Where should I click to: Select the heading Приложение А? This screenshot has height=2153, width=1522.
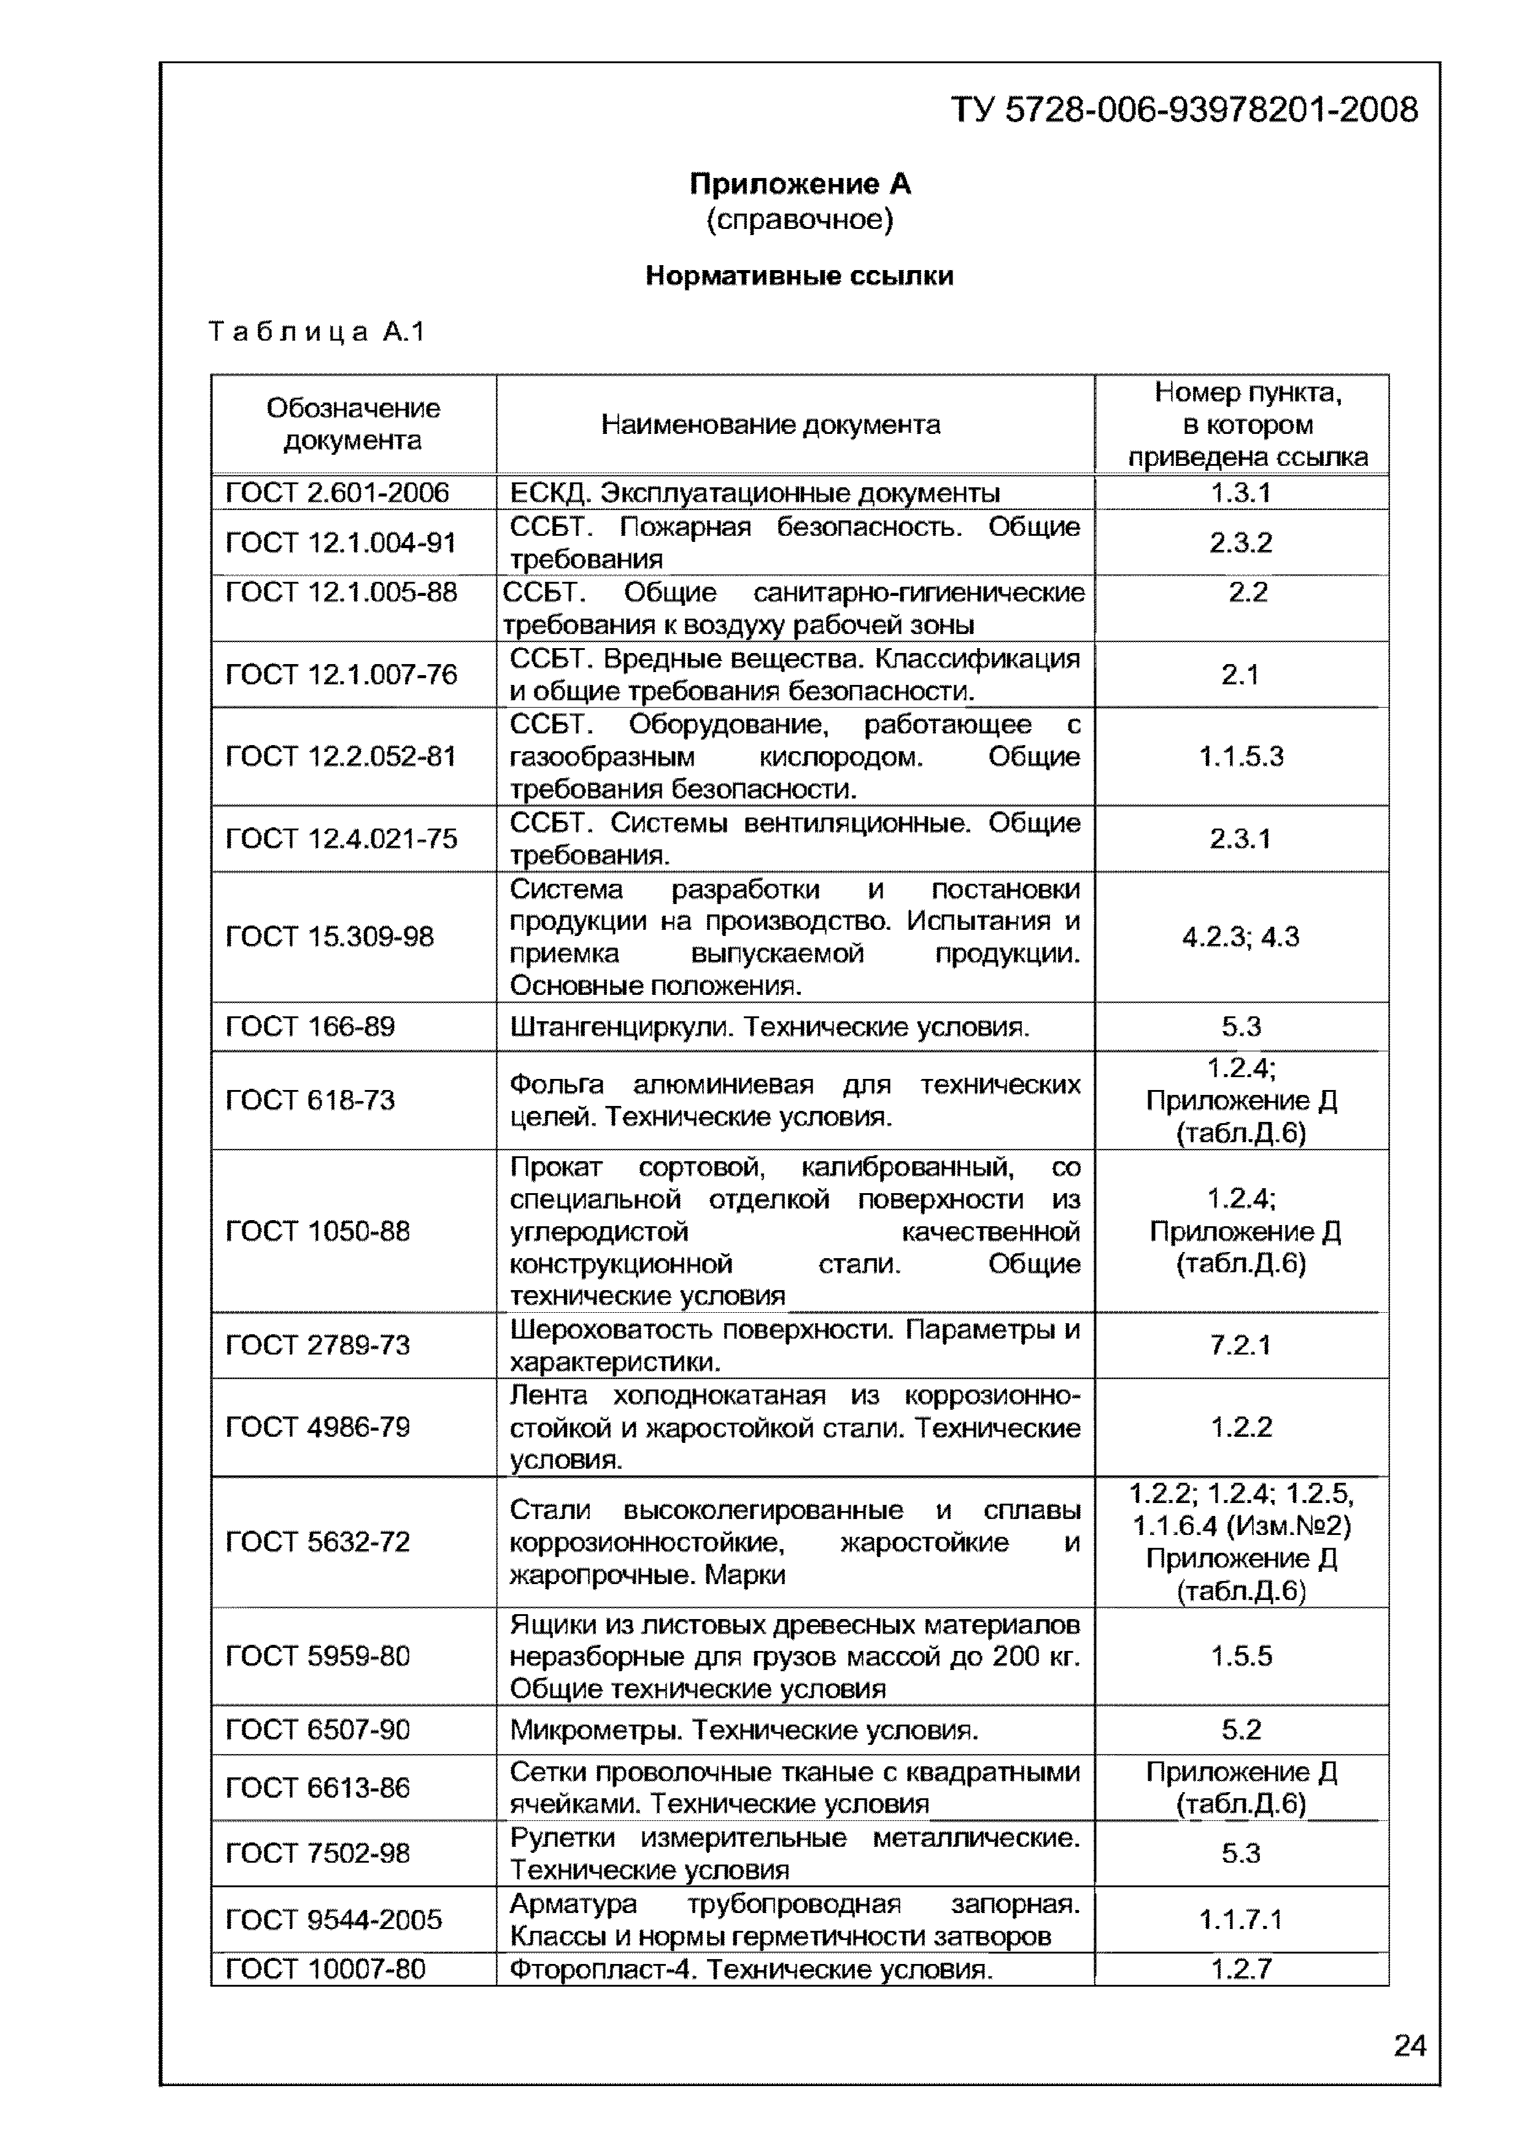[x=800, y=184]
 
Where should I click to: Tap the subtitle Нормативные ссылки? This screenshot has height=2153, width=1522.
[x=799, y=276]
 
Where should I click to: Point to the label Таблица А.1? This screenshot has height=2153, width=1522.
[x=316, y=331]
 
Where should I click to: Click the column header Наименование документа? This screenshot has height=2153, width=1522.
[x=770, y=425]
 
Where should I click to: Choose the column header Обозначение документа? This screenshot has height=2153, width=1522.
[x=353, y=424]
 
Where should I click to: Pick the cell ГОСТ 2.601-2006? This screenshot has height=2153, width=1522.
[x=337, y=492]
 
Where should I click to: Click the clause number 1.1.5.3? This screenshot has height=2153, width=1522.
[x=1241, y=757]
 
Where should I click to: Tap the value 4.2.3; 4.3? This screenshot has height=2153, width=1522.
[x=1241, y=936]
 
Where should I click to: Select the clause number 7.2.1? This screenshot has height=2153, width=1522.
[x=1241, y=1345]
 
